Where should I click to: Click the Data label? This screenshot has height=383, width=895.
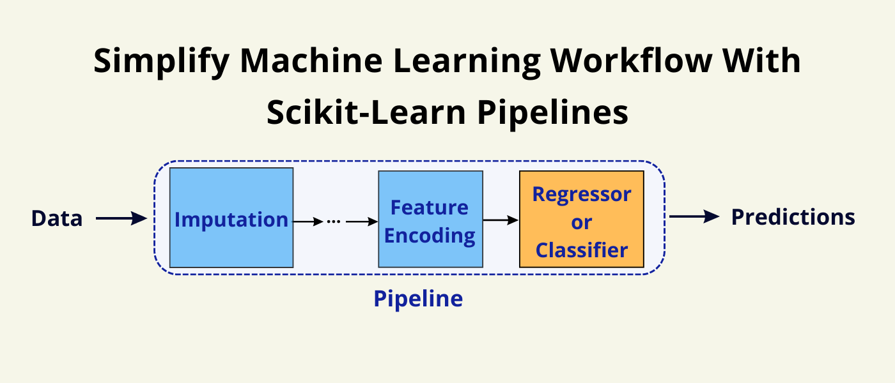coord(57,218)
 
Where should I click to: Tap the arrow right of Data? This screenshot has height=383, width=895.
coord(121,219)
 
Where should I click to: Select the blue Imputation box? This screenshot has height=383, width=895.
coord(231,218)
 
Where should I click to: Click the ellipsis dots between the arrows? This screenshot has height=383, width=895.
coord(334,222)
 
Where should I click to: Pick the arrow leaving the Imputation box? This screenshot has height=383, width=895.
coord(308,222)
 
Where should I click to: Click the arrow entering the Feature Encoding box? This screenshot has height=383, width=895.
coord(361,222)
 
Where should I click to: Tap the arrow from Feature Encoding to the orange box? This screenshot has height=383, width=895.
coord(501,220)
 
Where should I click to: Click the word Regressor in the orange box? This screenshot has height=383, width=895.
coord(581,194)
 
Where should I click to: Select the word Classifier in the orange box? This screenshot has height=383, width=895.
coord(581,250)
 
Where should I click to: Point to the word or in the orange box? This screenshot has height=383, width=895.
coord(581,223)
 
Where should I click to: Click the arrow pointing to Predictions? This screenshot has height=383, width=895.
coord(695,217)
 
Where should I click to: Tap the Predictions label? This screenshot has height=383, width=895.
coord(793,217)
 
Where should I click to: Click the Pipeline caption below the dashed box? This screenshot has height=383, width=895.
coord(418,298)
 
